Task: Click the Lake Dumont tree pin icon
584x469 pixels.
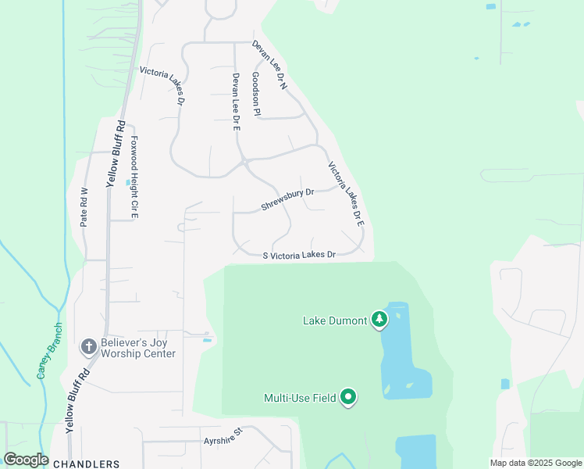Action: pos(379,319)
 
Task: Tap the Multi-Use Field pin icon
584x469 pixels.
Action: pos(349,398)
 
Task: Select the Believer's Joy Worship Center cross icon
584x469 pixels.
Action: pos(89,345)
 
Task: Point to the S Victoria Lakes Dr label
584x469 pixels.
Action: pos(299,256)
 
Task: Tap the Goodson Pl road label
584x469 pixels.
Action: pos(255,95)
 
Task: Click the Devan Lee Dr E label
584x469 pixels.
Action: pos(235,102)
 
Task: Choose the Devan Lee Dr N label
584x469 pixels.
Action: pos(270,65)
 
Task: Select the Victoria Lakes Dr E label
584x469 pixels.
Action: pos(346,194)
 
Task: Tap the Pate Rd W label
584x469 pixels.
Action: pos(84,207)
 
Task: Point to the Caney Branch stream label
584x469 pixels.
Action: pos(48,351)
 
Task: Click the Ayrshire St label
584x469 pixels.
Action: pos(223,431)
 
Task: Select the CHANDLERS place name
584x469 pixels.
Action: pos(87,464)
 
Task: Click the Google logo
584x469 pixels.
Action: pos(26,460)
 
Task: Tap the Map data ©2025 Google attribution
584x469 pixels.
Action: pos(536,463)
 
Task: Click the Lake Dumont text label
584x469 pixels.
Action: pos(335,320)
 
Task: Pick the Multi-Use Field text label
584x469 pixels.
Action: pos(300,398)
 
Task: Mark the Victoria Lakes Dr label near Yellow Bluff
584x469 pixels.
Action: pos(162,86)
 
